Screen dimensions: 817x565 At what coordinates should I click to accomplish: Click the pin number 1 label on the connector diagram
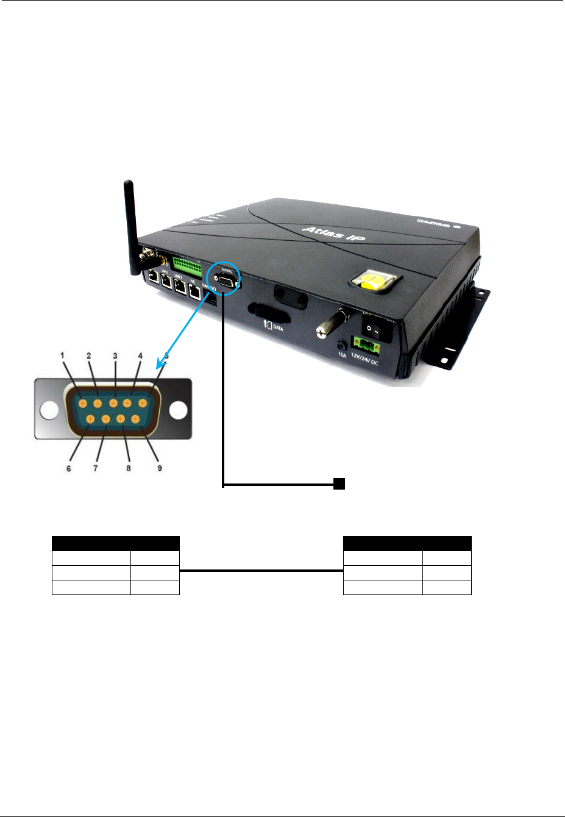(62, 355)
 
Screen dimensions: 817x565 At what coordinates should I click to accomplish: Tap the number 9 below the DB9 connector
(160, 468)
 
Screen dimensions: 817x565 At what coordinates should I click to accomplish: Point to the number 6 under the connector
(69, 468)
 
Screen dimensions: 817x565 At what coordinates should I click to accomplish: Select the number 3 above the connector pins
(115, 355)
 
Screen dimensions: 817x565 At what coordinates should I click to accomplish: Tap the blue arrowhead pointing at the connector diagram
(161, 365)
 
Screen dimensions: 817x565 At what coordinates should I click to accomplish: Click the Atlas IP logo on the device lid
(333, 232)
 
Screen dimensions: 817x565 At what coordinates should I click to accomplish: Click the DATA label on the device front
(278, 328)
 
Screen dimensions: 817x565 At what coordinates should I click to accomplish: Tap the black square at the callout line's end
(339, 484)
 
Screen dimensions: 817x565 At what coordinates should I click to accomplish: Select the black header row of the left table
(116, 543)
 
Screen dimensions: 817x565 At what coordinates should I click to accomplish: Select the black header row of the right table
(407, 543)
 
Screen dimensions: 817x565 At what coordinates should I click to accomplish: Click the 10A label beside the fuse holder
(342, 355)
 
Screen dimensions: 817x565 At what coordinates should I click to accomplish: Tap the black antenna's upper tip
(127, 183)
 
